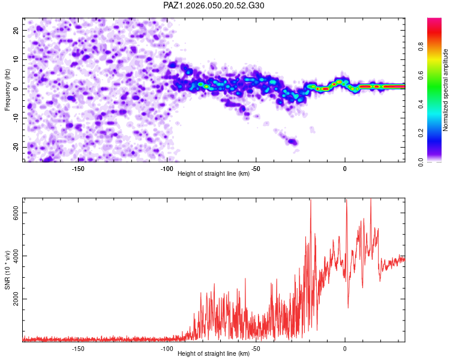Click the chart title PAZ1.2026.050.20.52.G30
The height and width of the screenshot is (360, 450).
pos(214,6)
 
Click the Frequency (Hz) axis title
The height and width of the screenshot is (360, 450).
pos(7,90)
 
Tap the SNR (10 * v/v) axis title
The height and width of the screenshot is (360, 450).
pos(7,270)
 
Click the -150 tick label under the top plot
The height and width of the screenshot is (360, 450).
pos(77,169)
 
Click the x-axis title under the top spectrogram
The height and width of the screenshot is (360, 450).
pos(214,174)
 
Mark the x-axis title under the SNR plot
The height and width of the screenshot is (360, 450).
pos(214,354)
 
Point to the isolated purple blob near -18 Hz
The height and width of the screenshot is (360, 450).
pos(292,142)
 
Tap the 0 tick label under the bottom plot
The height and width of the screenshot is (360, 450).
pos(345,349)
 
